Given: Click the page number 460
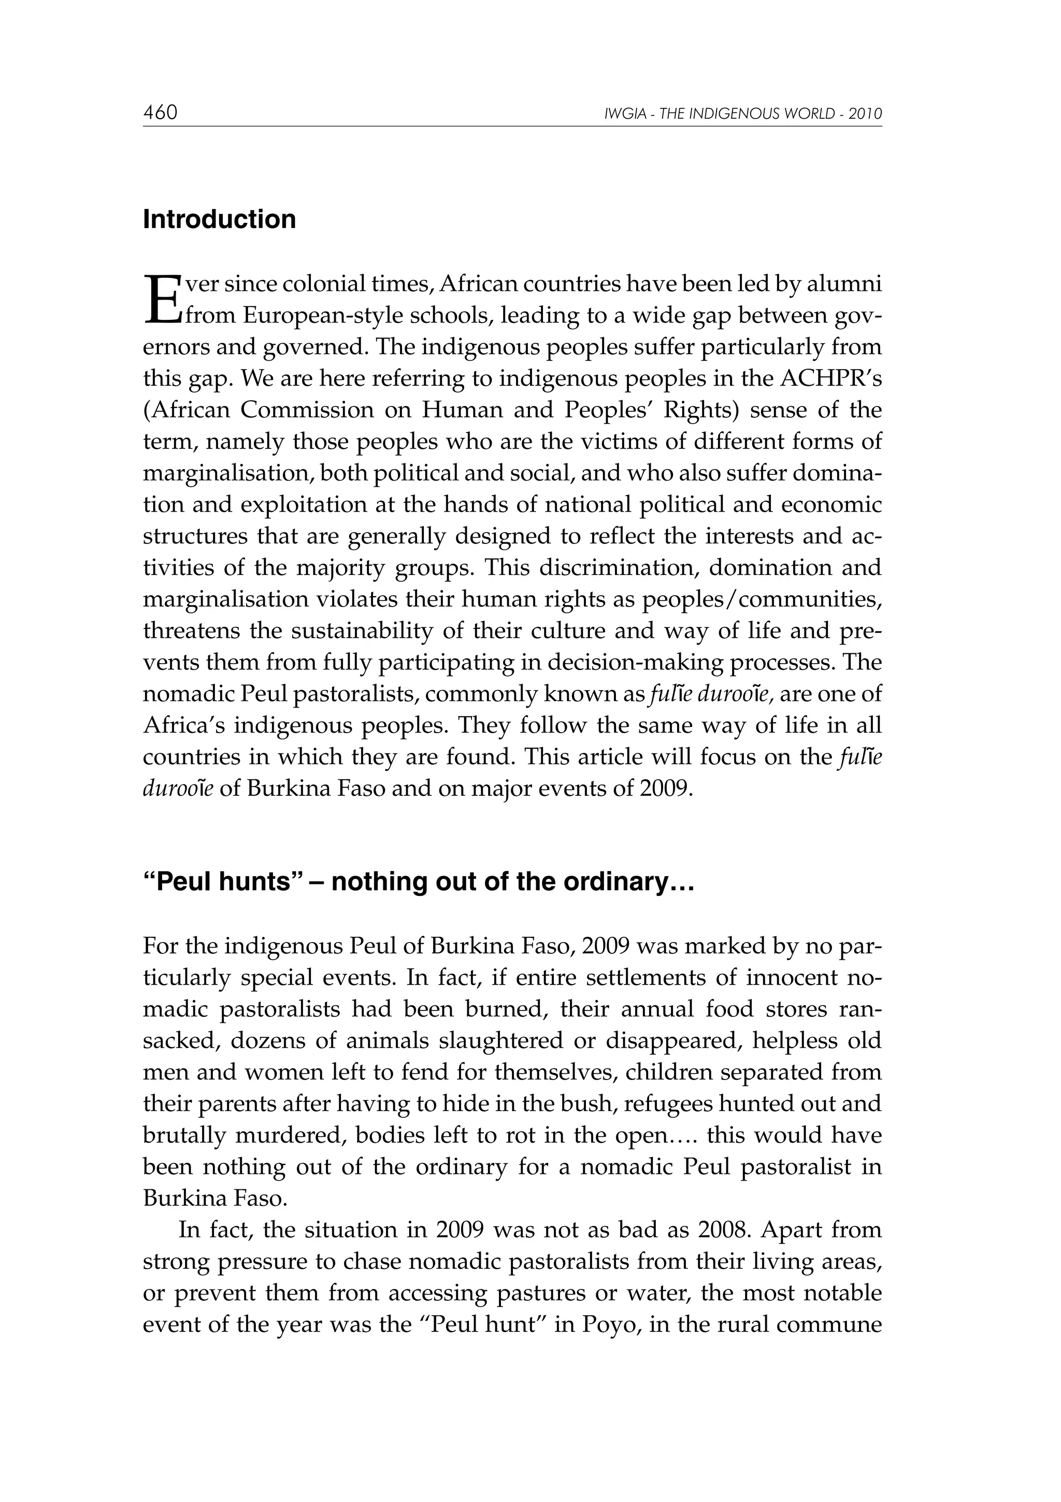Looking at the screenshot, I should tap(160, 113).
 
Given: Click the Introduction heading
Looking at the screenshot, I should tap(219, 220).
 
